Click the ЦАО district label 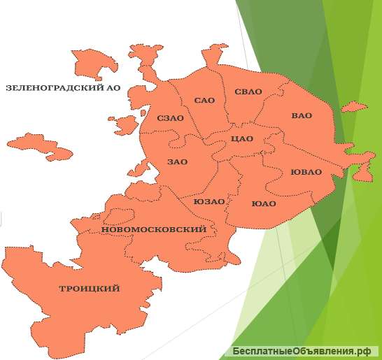point(242,138)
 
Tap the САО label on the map point(205,101)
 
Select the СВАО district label point(248,92)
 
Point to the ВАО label point(302,115)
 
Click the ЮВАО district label point(306,172)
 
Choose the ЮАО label point(264,203)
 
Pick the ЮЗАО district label point(209,201)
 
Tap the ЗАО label point(178,162)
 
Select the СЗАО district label point(171,118)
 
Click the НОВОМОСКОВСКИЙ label point(154,229)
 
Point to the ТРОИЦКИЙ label point(90,289)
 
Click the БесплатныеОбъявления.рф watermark point(302,351)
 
